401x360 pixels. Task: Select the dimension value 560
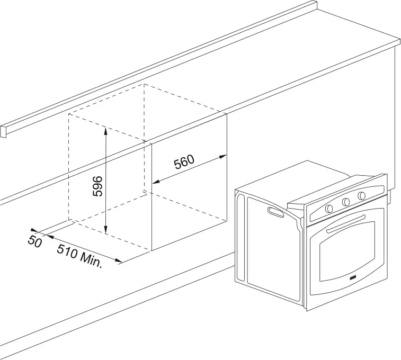pyautogui.click(x=184, y=161)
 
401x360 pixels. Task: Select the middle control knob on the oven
pyautogui.click(x=345, y=201)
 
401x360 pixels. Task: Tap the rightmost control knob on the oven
pyautogui.click(x=362, y=195)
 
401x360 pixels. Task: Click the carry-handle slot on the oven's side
pyautogui.click(x=275, y=212)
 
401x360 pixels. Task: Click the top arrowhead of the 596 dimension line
pyautogui.click(x=106, y=129)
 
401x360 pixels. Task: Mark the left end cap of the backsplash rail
pyautogui.click(x=3, y=131)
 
